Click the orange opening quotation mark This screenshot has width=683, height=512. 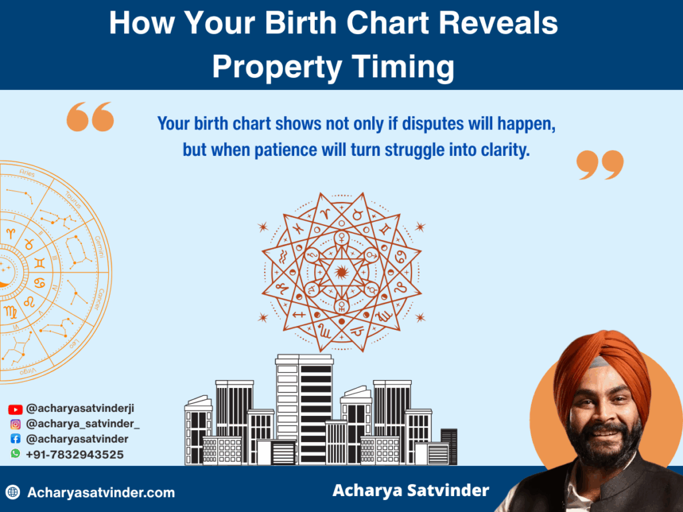coord(90,117)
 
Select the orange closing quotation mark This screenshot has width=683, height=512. coord(600,165)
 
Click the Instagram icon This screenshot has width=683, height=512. coord(15,424)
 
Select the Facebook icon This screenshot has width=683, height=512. coord(15,439)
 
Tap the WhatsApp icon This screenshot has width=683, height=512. coord(15,453)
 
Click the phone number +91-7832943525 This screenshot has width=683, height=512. coord(74,454)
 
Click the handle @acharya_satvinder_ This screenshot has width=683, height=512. coord(83,424)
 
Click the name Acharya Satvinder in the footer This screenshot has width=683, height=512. coord(410,491)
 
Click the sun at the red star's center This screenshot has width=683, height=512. coord(341,271)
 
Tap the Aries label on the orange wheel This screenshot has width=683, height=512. coord(27,173)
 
